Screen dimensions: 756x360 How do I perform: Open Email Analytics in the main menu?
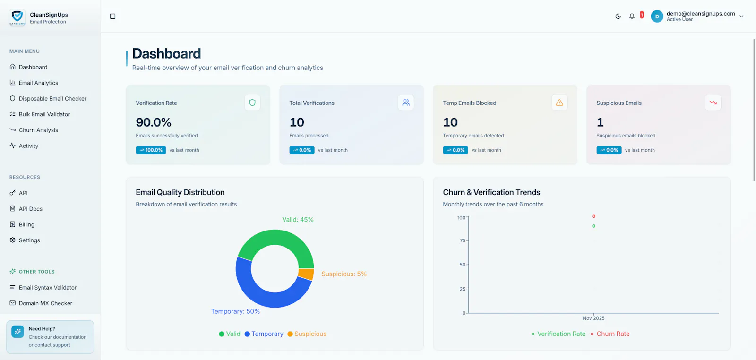tap(38, 83)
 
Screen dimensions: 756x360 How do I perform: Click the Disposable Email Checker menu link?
tap(52, 99)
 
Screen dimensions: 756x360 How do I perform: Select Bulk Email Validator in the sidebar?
tap(44, 114)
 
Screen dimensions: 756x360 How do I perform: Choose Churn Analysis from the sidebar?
tap(38, 130)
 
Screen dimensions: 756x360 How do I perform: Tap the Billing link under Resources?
tap(26, 224)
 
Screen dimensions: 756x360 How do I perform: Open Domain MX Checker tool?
tap(45, 303)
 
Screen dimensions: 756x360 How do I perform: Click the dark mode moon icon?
tap(618, 16)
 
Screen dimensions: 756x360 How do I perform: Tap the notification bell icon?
tap(632, 16)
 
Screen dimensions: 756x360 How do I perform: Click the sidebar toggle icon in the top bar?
tap(113, 16)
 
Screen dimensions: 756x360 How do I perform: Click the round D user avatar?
tap(657, 16)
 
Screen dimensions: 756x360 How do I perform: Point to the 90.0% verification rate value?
tap(154, 122)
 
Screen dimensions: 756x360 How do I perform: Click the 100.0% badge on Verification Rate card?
tap(151, 150)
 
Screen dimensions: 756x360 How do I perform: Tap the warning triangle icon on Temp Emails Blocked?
tap(559, 103)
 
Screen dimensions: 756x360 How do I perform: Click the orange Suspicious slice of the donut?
tap(307, 274)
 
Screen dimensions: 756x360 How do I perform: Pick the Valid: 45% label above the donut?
tap(298, 220)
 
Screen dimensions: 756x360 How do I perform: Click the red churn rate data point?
tap(593, 216)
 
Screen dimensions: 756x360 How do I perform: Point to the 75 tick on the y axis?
tap(462, 240)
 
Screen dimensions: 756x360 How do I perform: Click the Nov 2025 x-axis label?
tap(593, 318)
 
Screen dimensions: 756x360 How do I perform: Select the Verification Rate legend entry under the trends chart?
tap(558, 334)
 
